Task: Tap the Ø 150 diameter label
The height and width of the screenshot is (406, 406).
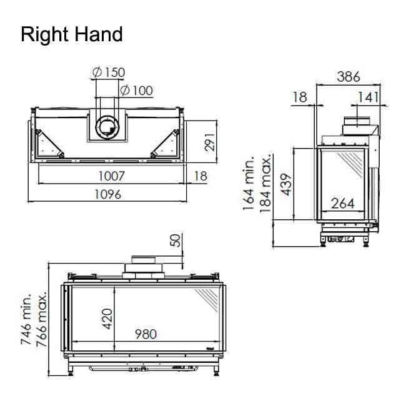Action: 109,72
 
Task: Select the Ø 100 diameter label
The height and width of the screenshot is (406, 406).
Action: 136,91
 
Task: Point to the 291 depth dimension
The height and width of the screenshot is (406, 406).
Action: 209,142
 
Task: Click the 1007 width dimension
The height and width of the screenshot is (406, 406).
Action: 112,176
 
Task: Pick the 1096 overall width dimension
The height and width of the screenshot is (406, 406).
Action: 107,194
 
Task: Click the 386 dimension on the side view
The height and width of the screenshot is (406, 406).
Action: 349,77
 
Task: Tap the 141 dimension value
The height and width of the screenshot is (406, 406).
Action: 368,97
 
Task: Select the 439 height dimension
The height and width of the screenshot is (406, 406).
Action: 287,184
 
